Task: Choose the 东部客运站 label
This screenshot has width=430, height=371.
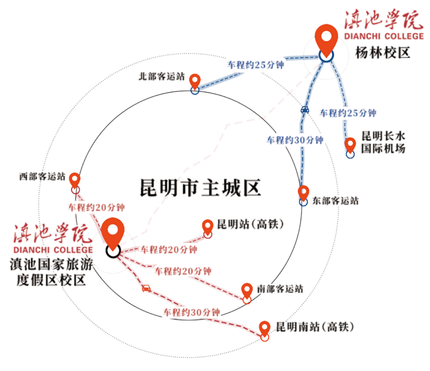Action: [x=335, y=201]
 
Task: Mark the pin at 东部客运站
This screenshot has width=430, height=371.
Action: [x=304, y=193]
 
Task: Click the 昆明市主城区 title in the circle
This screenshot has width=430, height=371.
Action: [x=200, y=187]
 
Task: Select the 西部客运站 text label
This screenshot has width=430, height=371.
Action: [x=42, y=176]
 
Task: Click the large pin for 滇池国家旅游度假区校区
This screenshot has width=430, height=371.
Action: [x=113, y=234]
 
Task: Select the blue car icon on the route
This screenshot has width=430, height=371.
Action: [x=305, y=110]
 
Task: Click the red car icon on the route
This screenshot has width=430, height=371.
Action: [x=146, y=288]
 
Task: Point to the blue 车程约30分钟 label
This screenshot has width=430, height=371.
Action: [x=295, y=140]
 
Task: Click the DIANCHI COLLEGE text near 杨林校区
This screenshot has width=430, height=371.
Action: [x=384, y=36]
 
